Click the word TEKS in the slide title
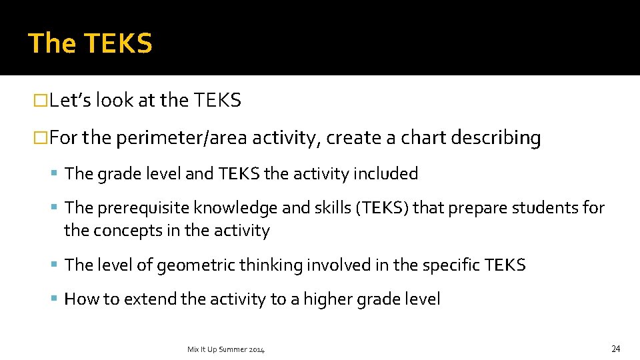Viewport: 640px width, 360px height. (119, 43)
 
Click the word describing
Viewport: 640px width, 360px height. (496, 139)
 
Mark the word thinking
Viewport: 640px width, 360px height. (270, 265)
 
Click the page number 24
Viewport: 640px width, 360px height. (615, 349)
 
